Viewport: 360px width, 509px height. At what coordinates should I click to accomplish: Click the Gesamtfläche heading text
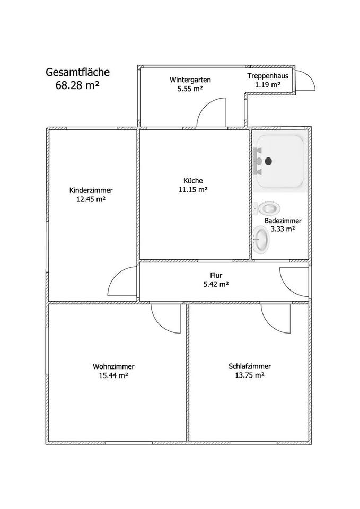[x=77, y=72]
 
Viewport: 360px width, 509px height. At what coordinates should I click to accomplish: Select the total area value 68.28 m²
[x=77, y=85]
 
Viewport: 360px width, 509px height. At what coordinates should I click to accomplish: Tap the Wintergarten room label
[x=190, y=80]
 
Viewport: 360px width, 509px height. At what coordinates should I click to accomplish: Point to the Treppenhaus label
[x=268, y=76]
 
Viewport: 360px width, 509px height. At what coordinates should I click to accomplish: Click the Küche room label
[x=194, y=180]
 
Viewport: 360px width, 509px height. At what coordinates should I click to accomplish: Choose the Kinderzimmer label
[x=91, y=191]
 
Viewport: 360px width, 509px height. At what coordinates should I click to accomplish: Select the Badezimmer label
[x=283, y=221]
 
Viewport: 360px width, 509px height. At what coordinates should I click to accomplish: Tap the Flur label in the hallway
[x=216, y=275]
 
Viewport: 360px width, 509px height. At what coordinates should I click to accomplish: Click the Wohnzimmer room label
[x=113, y=366]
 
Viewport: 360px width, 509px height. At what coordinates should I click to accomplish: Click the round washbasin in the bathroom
[x=261, y=240]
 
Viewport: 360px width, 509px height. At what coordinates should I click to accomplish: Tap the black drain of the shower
[x=268, y=160]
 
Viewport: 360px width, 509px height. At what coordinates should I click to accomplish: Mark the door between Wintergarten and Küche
[x=210, y=113]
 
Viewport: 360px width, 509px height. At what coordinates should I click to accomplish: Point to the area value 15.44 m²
[x=113, y=375]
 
